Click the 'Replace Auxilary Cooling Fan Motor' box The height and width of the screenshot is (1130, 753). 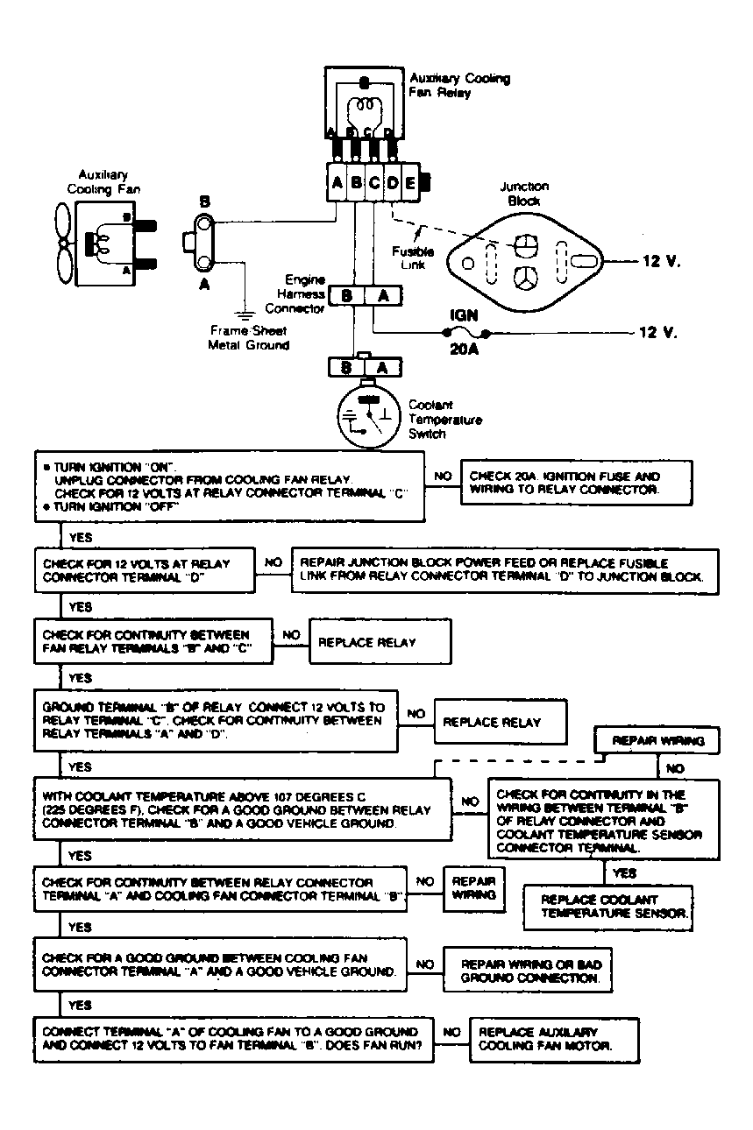[553, 1039]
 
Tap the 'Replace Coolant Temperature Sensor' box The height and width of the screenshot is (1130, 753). [607, 907]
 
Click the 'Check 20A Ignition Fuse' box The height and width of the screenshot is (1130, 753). [576, 483]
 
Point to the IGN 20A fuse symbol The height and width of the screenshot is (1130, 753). [466, 334]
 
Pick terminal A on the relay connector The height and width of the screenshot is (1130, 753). [337, 183]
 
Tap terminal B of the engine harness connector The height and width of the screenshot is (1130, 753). [346, 296]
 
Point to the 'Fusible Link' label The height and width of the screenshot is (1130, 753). [413, 258]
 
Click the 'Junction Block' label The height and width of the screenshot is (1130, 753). [524, 193]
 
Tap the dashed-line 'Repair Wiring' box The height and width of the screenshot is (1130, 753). [657, 741]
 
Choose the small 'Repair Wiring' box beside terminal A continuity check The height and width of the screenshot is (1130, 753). [474, 888]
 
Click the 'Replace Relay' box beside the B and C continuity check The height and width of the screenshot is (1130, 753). [380, 642]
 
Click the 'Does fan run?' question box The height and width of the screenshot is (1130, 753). [234, 1039]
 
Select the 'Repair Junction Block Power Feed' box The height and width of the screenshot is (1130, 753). [504, 570]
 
